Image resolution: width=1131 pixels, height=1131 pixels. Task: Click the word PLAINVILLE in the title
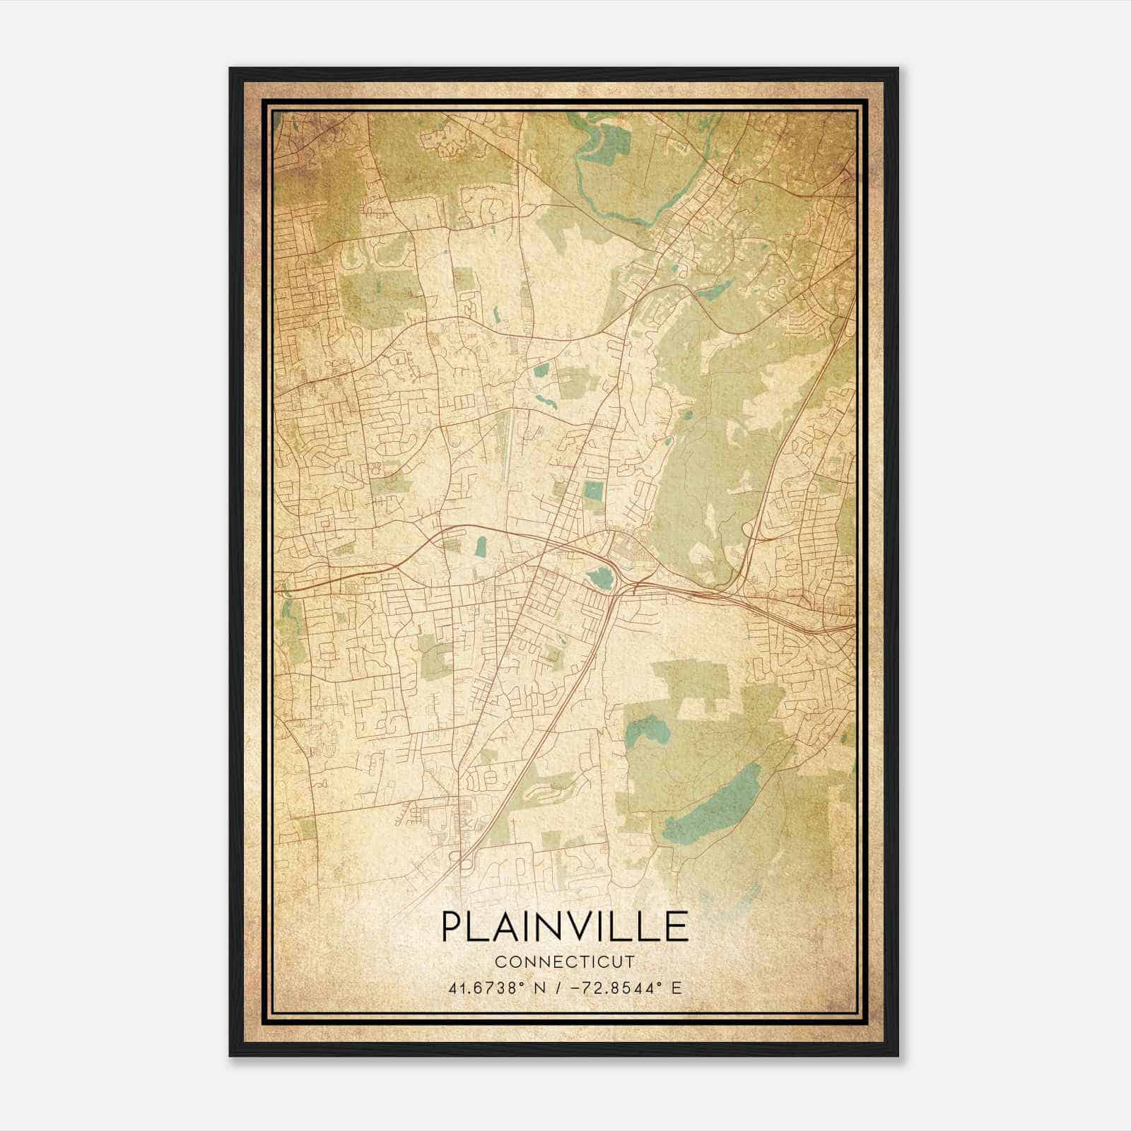pyautogui.click(x=565, y=926)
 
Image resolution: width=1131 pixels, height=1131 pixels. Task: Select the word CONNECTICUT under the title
pyautogui.click(x=565, y=962)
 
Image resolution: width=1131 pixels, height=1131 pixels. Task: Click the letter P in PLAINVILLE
pyautogui.click(x=452, y=926)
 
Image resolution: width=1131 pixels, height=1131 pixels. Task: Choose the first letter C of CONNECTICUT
pyautogui.click(x=500, y=962)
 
